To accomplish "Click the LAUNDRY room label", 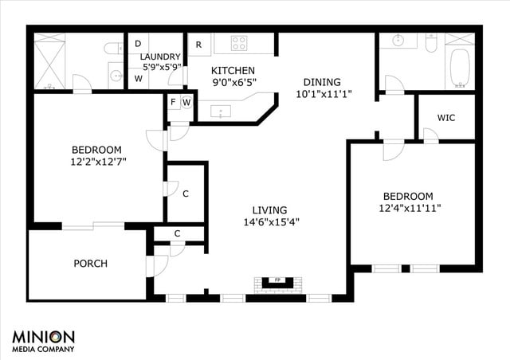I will point(160,57).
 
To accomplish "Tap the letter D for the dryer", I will point(138,43).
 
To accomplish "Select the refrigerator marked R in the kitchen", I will point(198,43).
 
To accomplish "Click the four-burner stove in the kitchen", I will point(241,43).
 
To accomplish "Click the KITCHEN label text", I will point(232,69).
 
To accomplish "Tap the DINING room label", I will point(322,81).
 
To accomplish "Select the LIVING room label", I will point(272,209).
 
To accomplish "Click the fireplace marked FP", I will point(278,281).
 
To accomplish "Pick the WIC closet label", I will point(446,118).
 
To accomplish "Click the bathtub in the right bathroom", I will point(460,67).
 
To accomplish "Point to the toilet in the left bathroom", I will point(113,49).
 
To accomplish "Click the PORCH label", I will point(90,264).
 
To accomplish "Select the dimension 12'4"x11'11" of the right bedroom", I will point(412,208).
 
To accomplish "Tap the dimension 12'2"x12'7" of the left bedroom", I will point(96,161).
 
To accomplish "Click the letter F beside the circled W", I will point(173,102).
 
